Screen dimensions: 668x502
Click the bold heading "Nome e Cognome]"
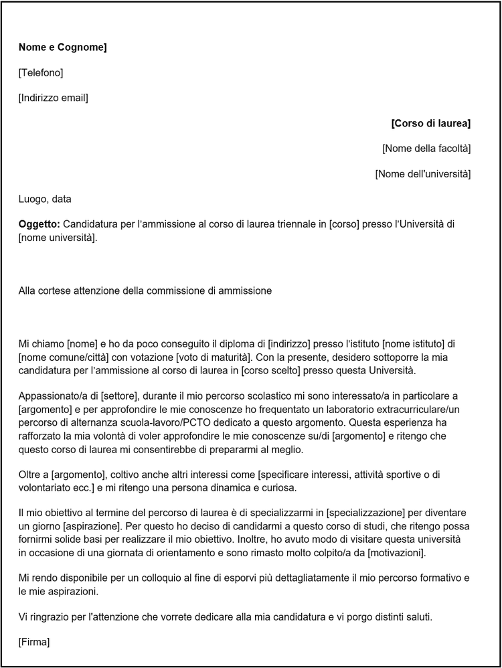63,47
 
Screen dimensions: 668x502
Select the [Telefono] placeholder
41,72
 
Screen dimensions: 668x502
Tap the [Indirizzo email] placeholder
54,98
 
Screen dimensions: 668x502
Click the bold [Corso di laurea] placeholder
430,123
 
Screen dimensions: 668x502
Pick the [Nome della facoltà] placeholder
426,148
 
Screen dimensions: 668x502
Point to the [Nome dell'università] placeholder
422,174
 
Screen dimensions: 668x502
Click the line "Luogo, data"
45,199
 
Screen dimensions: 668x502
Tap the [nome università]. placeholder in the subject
58,238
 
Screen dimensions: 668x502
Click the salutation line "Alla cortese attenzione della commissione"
145,290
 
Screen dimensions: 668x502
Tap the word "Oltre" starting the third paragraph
31,475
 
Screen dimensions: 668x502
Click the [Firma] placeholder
34,643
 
